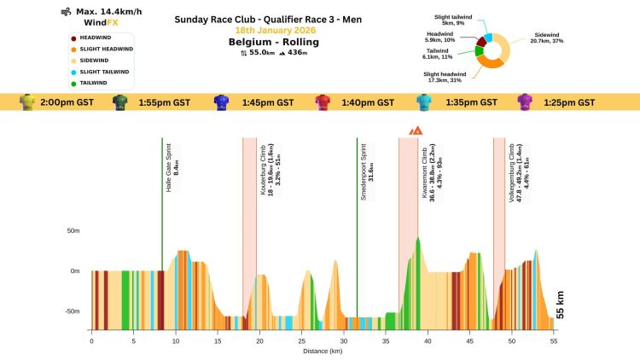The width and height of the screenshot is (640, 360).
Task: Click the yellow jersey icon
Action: tap(26, 102)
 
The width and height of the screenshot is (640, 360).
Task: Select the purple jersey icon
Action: tap(527, 102)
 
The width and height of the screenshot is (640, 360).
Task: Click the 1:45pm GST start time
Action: tap(267, 102)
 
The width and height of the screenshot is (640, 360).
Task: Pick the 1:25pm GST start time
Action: tap(569, 102)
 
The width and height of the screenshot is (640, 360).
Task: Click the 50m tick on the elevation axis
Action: tap(73, 230)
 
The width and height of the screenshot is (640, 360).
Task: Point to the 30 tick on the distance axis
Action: tap(343, 340)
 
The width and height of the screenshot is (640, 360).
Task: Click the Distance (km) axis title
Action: tap(323, 350)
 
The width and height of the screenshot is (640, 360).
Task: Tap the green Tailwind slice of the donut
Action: tap(480, 50)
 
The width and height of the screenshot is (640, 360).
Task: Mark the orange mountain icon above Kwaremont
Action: tap(416, 131)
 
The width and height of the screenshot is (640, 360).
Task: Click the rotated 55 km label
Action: tap(560, 305)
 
